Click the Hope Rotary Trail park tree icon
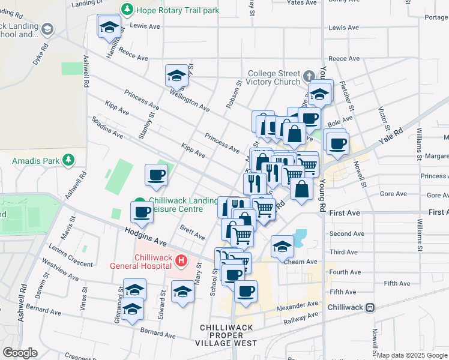click(x=127, y=9)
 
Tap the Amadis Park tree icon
click(x=69, y=160)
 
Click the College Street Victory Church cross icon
click(x=309, y=76)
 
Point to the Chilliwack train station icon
click(x=370, y=307)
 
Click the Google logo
click(x=20, y=353)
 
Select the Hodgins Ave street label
click(x=145, y=235)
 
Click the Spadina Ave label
click(x=107, y=127)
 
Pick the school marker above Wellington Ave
click(x=176, y=76)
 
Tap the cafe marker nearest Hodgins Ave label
click(x=142, y=212)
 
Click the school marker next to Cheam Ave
click(x=282, y=247)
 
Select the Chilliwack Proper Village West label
click(x=226, y=335)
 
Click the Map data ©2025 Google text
click(x=412, y=355)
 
